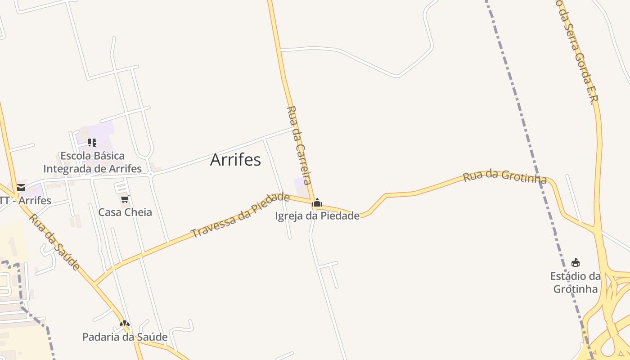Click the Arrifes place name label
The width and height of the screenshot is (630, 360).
point(235,160)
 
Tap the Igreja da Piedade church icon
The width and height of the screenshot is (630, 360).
point(317,203)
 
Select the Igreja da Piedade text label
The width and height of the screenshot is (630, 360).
point(317,216)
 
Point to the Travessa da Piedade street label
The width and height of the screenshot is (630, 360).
point(240,215)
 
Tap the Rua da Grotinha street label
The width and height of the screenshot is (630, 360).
point(505,176)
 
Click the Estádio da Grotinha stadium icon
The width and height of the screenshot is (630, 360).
point(575,262)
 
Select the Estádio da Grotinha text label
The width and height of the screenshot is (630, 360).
point(576,282)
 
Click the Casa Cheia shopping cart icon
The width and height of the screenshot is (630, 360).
point(125,199)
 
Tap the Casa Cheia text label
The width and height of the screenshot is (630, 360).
point(125,212)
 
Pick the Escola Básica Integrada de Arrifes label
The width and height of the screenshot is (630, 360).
point(93,162)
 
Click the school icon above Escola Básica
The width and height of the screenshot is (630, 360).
point(92,143)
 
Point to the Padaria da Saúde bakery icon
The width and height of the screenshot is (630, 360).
point(125,324)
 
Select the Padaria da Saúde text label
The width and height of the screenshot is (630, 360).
point(125,337)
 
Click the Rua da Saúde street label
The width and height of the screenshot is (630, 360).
point(55,242)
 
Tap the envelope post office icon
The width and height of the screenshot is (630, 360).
point(21,188)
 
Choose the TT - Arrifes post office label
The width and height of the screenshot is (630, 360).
point(25,200)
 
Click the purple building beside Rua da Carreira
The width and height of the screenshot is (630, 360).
point(301,185)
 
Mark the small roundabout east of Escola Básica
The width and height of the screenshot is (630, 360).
point(151,175)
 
